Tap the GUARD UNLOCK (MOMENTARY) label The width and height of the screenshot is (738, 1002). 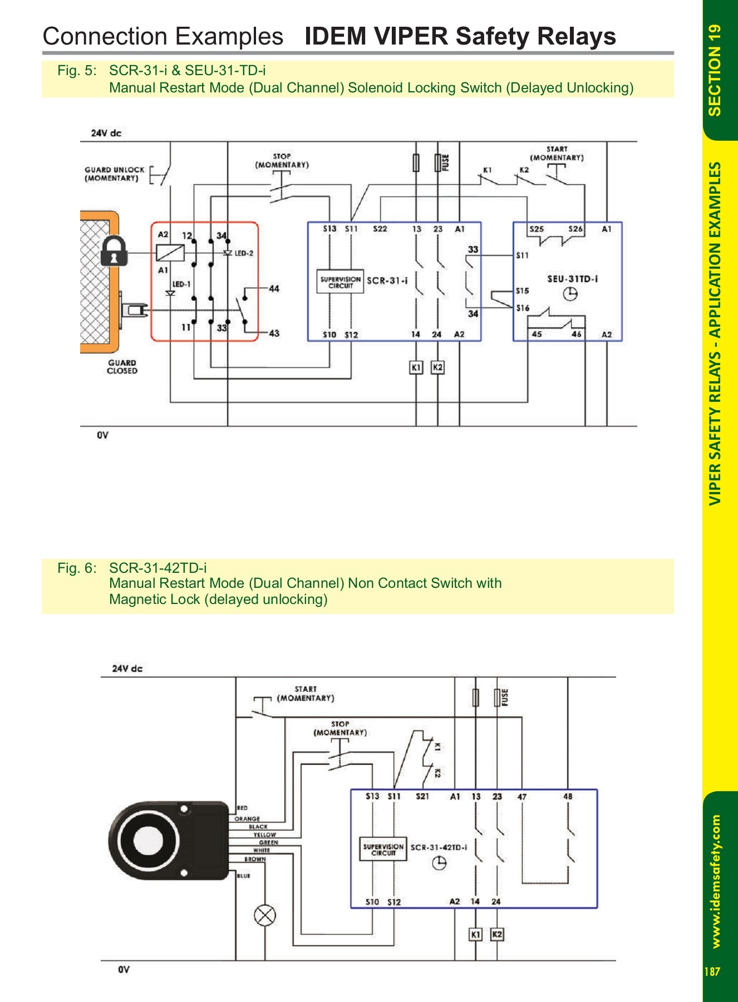(114, 174)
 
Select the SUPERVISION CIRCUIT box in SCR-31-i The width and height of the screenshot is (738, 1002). (341, 282)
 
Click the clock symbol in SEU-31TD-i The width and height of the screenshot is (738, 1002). (570, 294)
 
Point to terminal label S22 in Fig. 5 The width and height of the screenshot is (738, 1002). (380, 229)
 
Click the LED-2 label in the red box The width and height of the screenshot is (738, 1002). (244, 253)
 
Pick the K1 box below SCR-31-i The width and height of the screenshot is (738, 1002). (416, 367)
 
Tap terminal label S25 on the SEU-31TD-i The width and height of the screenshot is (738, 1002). (537, 229)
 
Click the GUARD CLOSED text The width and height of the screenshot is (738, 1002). (122, 367)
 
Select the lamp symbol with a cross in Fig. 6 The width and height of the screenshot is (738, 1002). (265, 915)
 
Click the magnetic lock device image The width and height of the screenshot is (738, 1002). (167, 841)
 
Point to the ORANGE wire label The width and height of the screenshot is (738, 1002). (247, 819)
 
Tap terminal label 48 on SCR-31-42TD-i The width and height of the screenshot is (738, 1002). (568, 797)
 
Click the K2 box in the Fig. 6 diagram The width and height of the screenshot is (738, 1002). (497, 935)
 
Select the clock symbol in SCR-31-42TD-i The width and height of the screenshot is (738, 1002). (439, 863)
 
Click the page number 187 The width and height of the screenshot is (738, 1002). (712, 971)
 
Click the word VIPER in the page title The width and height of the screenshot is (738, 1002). (410, 36)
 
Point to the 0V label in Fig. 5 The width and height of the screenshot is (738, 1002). (102, 435)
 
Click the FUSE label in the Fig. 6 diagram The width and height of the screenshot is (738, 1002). (505, 697)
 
